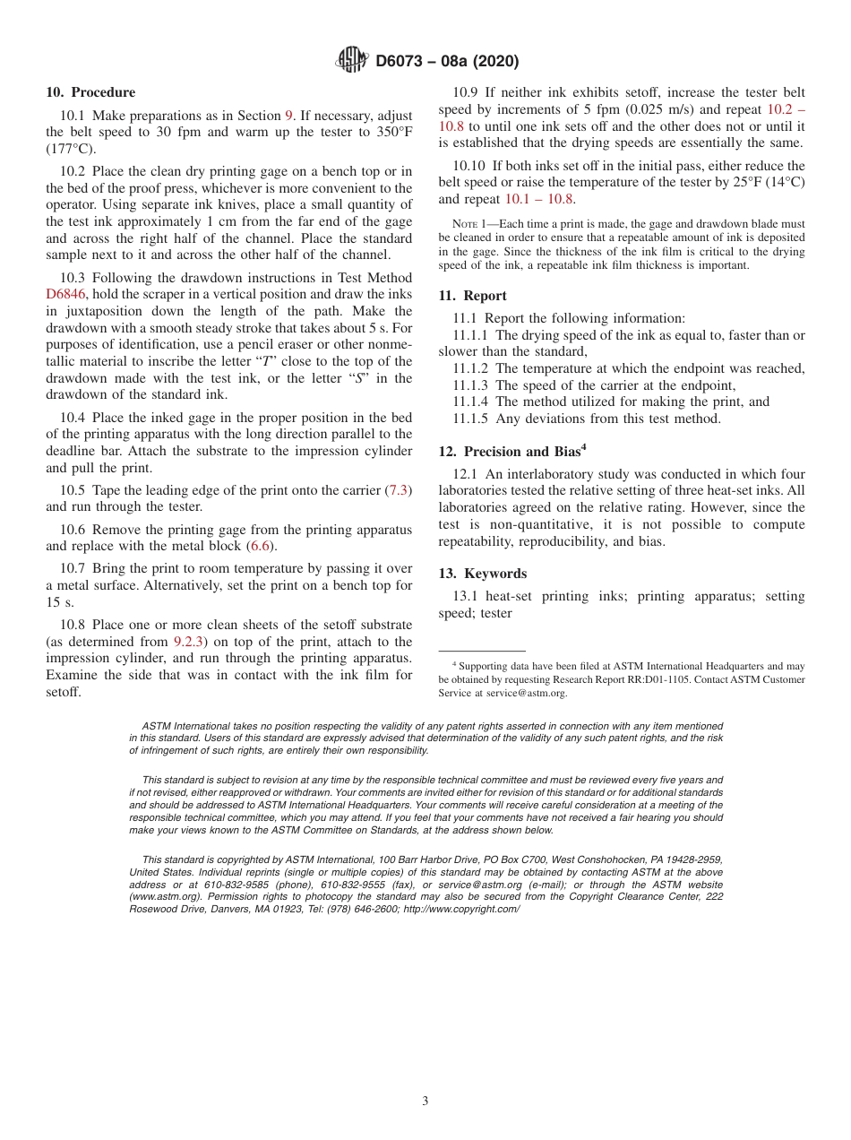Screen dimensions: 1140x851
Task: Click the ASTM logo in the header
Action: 351,61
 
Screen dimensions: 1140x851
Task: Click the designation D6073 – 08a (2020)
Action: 447,62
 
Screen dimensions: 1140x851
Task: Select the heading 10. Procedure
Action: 90,92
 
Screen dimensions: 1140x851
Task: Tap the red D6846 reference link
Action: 65,294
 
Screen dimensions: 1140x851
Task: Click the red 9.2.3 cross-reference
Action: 189,642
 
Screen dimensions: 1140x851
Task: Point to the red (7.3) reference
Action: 397,490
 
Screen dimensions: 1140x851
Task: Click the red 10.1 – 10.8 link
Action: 539,199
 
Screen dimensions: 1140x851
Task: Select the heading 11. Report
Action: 472,296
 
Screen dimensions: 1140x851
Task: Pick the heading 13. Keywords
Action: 482,574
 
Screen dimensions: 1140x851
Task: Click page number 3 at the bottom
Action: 425,1101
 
